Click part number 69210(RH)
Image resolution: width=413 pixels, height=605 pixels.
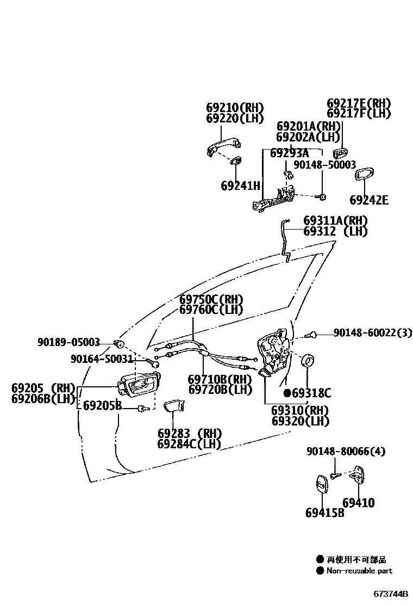tap(234, 107)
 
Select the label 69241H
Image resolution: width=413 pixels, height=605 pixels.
tap(240, 186)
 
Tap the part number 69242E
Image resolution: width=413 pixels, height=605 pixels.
tap(369, 200)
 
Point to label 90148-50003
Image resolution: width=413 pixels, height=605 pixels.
tap(324, 164)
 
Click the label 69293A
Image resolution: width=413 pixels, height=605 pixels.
tap(289, 153)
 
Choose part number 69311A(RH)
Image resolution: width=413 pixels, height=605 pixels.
tap(335, 221)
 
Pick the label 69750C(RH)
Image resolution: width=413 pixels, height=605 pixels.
tap(211, 299)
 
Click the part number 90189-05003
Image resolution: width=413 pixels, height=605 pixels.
tap(68, 342)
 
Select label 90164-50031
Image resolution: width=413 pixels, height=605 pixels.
tap(102, 359)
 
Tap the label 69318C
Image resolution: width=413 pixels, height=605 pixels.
tap(311, 393)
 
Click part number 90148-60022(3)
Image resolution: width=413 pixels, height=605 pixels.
tap(372, 332)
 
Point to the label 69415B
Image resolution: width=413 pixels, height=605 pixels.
tap(324, 513)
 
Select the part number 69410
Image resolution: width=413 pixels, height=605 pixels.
tap(358, 503)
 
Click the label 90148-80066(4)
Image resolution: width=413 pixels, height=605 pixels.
tap(346, 451)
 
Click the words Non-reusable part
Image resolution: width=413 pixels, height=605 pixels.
tap(359, 571)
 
